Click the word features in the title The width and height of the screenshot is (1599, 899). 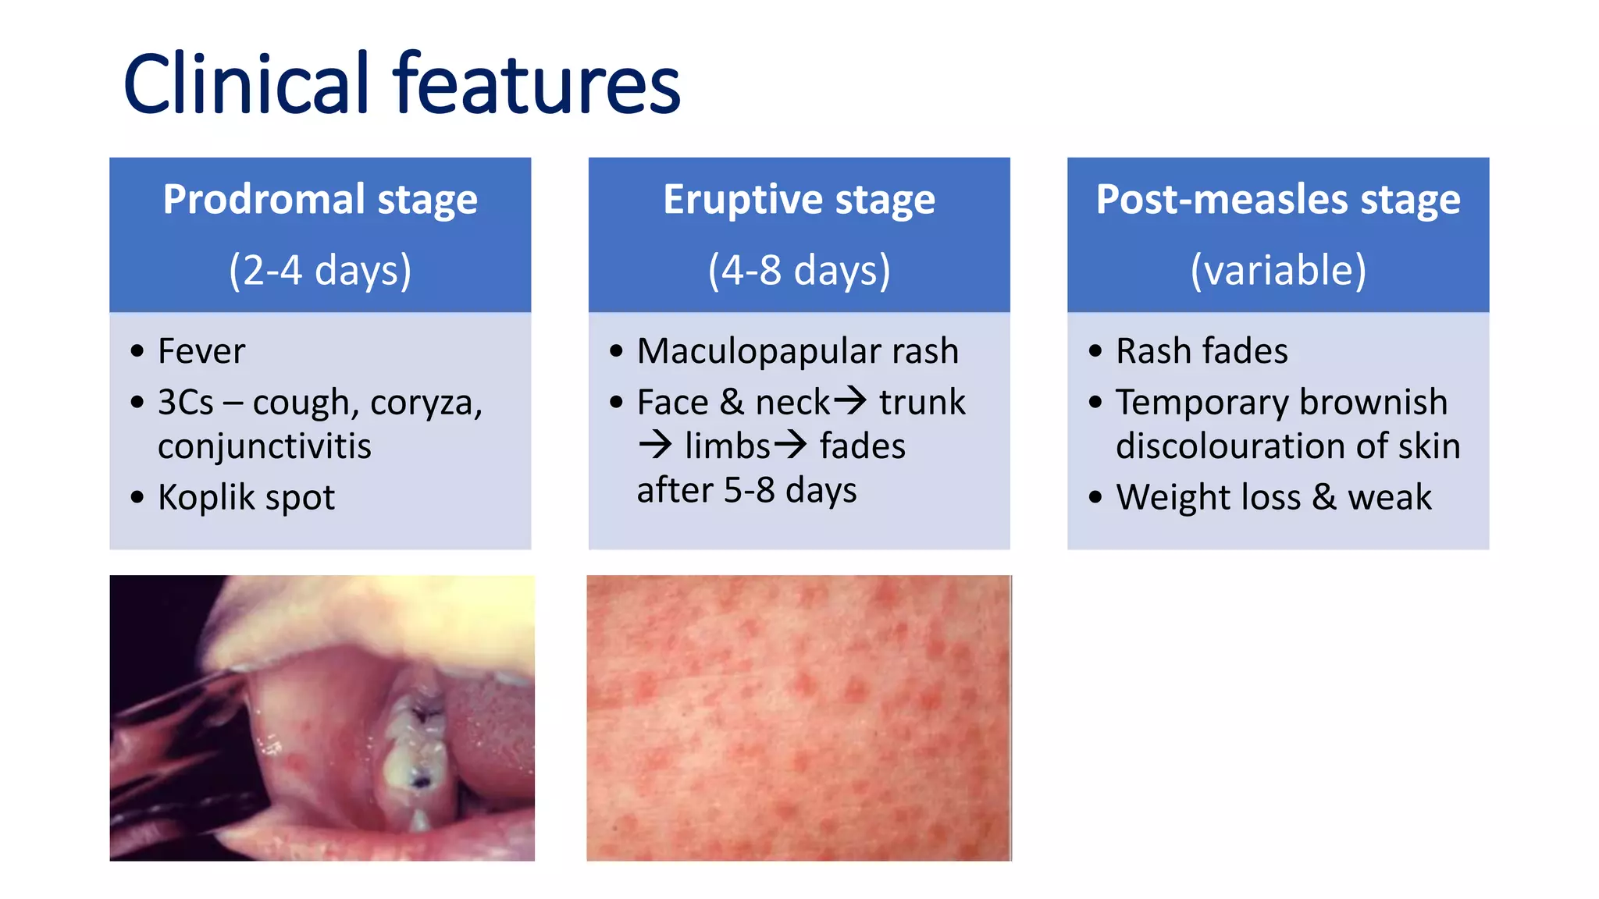tap(536, 84)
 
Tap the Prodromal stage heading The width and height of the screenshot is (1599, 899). tap(320, 199)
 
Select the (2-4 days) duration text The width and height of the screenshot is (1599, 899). tap(320, 270)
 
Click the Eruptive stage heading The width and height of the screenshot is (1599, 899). tap(799, 199)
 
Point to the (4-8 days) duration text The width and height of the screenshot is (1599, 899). tap(799, 270)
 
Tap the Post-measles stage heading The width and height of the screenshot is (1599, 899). tap(1277, 199)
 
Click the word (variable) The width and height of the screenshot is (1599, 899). tap(1277, 270)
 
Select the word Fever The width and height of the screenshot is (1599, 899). tap(201, 351)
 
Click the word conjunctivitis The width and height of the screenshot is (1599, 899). tap(264, 446)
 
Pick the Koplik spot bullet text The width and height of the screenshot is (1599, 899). tap(246, 497)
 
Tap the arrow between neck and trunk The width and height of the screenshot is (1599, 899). tap(850, 401)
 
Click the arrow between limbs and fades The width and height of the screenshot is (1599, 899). tap(790, 445)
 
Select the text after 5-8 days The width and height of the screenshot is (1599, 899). tap(746, 490)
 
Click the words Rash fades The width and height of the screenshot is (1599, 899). tap(1202, 351)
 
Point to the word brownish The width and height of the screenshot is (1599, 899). tap(1373, 403)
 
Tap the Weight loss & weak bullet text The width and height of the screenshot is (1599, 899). tap(1273, 497)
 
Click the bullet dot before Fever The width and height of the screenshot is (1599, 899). tap(137, 351)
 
